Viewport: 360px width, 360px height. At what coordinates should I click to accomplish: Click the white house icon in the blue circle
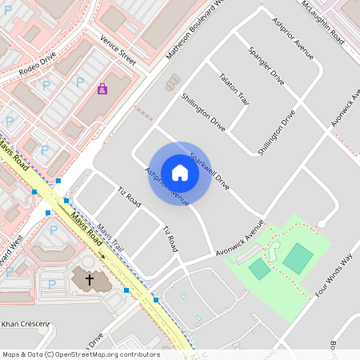(x=180, y=173)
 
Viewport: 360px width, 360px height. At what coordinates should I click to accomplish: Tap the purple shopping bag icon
(x=102, y=89)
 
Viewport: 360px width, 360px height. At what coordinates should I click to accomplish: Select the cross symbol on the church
(x=89, y=279)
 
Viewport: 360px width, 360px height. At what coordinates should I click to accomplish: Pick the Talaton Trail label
(x=234, y=88)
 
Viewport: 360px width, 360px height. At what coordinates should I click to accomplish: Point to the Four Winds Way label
(x=334, y=272)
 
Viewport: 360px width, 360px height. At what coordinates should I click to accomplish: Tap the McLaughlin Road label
(x=323, y=22)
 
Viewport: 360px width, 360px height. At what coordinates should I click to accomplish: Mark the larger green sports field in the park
(x=298, y=258)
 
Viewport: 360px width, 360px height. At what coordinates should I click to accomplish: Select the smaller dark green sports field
(x=259, y=270)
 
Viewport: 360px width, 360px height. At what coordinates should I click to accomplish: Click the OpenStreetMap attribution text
(x=81, y=354)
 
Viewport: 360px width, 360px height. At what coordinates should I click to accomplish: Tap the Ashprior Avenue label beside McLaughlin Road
(x=292, y=39)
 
